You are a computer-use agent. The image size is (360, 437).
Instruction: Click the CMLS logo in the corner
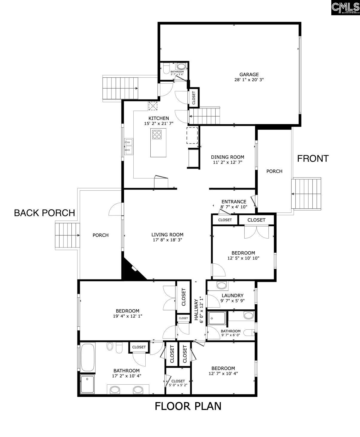pyautogui.click(x=345, y=7)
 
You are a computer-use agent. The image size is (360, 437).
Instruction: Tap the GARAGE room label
pyautogui.click(x=249, y=74)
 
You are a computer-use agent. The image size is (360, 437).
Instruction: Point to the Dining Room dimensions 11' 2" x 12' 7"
pyautogui.click(x=228, y=162)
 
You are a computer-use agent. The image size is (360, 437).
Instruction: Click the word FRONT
pyautogui.click(x=313, y=158)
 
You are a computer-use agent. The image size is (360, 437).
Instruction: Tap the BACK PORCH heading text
pyautogui.click(x=45, y=213)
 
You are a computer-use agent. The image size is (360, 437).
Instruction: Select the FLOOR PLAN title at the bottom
pyautogui.click(x=188, y=406)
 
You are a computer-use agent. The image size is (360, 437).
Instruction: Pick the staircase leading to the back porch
pyautogui.click(x=68, y=236)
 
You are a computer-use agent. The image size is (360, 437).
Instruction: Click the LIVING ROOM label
pyautogui.click(x=167, y=235)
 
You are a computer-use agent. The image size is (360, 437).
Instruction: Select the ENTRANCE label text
pyautogui.click(x=234, y=202)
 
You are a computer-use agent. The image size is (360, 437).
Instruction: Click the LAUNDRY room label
pyautogui.click(x=232, y=296)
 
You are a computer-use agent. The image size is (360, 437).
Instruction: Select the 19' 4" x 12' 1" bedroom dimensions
pyautogui.click(x=128, y=316)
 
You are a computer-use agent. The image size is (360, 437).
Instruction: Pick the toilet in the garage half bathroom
pyautogui.click(x=167, y=69)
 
